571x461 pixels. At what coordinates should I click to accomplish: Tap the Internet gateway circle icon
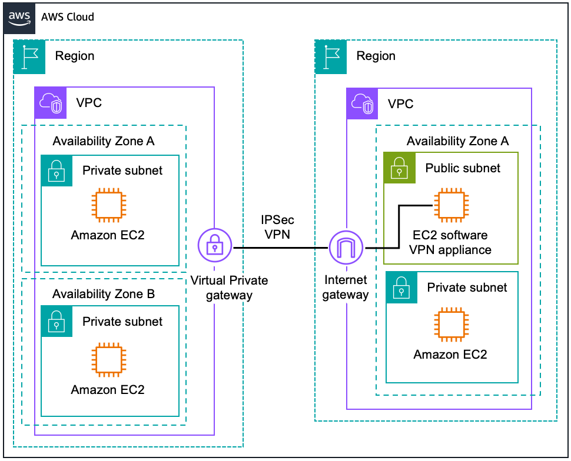346,248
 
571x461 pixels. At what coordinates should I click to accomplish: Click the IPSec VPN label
278,226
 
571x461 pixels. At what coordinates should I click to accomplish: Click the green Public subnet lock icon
399,168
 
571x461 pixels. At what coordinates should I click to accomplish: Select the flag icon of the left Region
29,56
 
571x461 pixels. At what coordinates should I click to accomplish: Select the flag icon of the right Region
331,56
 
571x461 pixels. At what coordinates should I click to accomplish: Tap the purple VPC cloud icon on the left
51,103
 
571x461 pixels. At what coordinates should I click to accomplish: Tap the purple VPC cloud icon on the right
362,104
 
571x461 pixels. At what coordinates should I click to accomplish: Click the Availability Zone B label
104,294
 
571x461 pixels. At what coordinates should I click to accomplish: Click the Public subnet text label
463,168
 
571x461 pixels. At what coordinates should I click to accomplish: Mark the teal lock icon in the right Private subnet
401,288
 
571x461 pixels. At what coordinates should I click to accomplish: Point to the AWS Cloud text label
68,17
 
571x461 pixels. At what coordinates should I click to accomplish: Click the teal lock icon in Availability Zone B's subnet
57,321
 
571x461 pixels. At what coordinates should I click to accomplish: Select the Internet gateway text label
346,288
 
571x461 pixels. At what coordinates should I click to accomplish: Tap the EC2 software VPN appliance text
450,242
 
